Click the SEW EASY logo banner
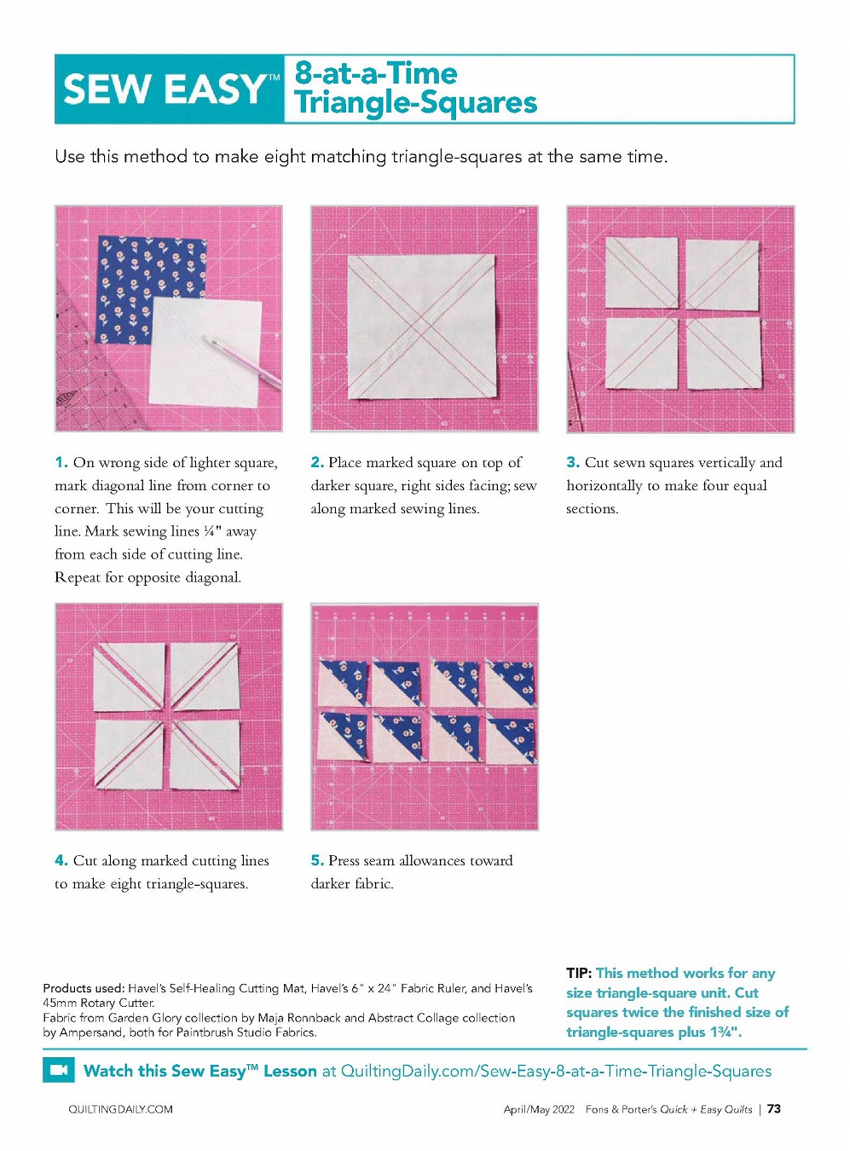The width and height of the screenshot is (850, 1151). point(169,89)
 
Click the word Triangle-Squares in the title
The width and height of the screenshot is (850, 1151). point(416,103)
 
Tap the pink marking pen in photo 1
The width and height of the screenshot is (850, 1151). point(242,361)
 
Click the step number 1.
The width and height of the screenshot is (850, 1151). point(61,462)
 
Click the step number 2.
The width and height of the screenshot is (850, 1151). point(318,462)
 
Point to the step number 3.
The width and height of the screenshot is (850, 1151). point(573,462)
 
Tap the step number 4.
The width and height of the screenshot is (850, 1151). point(61,860)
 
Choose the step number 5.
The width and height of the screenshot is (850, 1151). point(318,860)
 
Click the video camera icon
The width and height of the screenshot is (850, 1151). point(59,1071)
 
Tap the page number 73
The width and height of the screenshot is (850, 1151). point(774,1109)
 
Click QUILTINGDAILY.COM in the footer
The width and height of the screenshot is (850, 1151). point(120,1109)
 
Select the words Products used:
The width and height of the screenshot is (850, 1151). point(84,988)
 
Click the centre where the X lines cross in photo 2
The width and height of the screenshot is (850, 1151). point(421,326)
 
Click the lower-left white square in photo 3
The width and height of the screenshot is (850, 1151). point(642,353)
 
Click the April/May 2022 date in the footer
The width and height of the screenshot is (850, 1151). point(539,1109)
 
